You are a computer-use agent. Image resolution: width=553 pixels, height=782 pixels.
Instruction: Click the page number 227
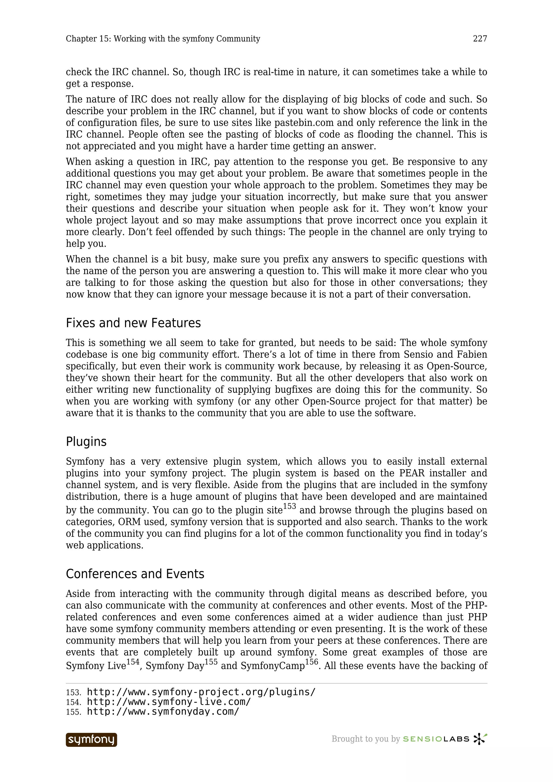pyautogui.click(x=480, y=39)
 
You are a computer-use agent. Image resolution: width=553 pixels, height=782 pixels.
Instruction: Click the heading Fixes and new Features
pyautogui.click(x=133, y=323)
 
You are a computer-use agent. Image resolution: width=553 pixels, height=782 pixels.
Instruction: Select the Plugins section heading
pyautogui.click(x=86, y=442)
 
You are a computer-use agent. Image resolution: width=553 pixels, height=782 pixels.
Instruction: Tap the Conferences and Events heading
pyautogui.click(x=135, y=574)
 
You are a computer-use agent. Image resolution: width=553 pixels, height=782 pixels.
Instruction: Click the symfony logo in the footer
pyautogui.click(x=91, y=740)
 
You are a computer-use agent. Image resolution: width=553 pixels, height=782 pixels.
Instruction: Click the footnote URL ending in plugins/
pyautogui.click(x=201, y=692)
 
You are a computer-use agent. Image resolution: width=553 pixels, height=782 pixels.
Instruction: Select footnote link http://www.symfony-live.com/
pyautogui.click(x=169, y=702)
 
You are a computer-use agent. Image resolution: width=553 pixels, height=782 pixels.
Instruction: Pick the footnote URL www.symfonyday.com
pyautogui.click(x=163, y=712)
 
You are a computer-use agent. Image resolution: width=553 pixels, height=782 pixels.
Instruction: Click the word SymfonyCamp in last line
pyautogui.click(x=272, y=666)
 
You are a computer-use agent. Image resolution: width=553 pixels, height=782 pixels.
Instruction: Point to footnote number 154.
pyautogui.click(x=73, y=703)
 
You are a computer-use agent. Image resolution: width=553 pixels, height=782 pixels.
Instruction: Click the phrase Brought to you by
pyautogui.click(x=365, y=739)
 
